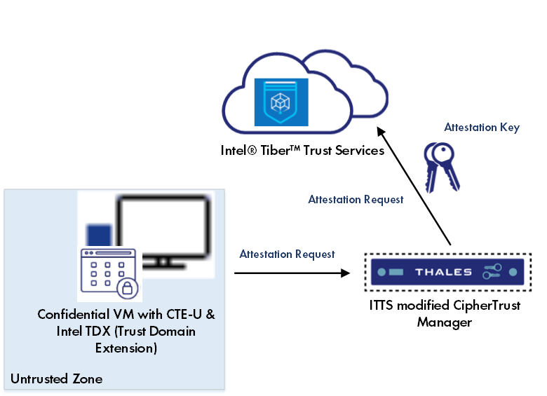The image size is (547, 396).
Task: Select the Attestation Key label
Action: pyautogui.click(x=482, y=128)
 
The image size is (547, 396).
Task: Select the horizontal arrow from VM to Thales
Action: pyautogui.click(x=291, y=272)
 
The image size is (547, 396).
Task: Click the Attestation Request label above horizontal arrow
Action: pyautogui.click(x=287, y=254)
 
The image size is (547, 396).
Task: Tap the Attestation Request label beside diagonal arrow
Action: pyautogui.click(x=356, y=200)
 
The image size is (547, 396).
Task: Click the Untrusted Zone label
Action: pyautogui.click(x=56, y=379)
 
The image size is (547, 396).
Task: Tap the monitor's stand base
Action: pyautogui.click(x=163, y=267)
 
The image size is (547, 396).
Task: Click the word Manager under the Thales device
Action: pyautogui.click(x=445, y=322)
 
